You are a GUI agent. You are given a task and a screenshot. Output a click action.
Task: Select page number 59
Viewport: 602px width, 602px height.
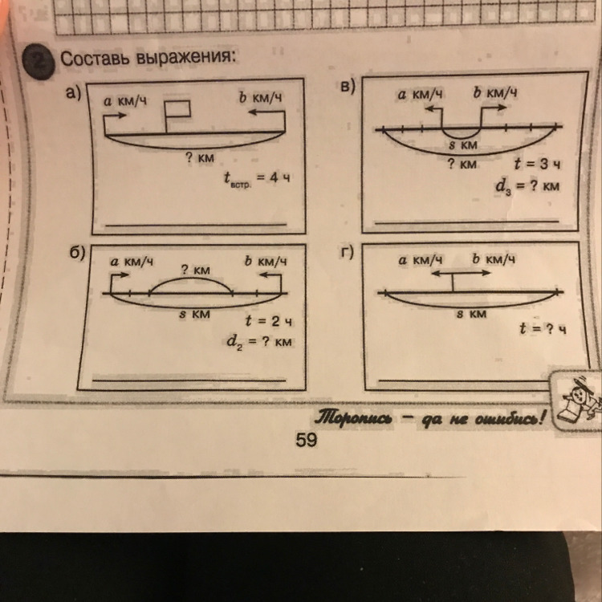[307, 440]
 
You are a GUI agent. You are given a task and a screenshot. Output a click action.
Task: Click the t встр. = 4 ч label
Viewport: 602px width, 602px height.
[257, 179]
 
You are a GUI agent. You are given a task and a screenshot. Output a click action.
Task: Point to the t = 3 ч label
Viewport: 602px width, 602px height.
[537, 165]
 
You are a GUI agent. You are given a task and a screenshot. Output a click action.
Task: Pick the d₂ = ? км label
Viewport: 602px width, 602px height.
[259, 342]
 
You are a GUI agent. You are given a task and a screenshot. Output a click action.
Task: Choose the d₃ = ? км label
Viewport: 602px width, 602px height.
[527, 187]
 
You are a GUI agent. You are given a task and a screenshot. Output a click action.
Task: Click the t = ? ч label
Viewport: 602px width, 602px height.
[543, 329]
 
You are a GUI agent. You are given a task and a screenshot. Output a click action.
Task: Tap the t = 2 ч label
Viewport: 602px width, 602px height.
[268, 320]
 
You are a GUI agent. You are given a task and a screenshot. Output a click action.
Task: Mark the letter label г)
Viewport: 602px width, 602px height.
[348, 253]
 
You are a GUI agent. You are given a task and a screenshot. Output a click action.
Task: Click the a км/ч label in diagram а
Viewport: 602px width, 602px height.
[125, 101]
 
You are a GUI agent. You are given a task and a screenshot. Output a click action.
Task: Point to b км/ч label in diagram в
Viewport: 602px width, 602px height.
[494, 92]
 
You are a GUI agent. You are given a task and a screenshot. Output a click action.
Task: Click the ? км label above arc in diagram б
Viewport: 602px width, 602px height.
[196, 270]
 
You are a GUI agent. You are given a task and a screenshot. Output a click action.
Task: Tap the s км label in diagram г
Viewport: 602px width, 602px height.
[471, 314]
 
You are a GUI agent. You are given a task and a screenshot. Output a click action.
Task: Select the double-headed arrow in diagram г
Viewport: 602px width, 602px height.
[461, 273]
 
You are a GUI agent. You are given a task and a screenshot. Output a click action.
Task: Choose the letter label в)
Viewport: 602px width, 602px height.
[348, 87]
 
